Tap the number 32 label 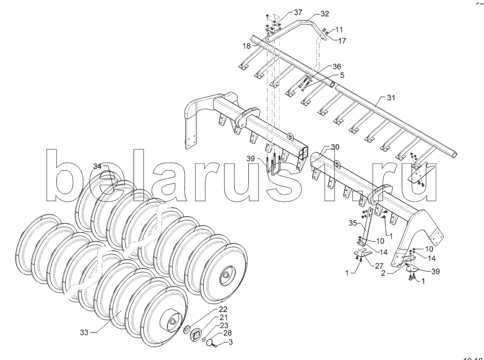[x=325, y=14]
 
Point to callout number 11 [x=340, y=30]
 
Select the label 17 [x=342, y=41]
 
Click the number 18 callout [x=246, y=46]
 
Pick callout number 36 [x=337, y=67]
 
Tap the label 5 [x=342, y=75]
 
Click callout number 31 [x=391, y=98]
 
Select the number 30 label [x=334, y=147]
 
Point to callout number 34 [x=97, y=166]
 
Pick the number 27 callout [x=379, y=266]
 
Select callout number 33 [x=84, y=333]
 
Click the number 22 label [x=222, y=309]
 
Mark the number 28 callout [x=228, y=333]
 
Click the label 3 [x=230, y=342]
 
